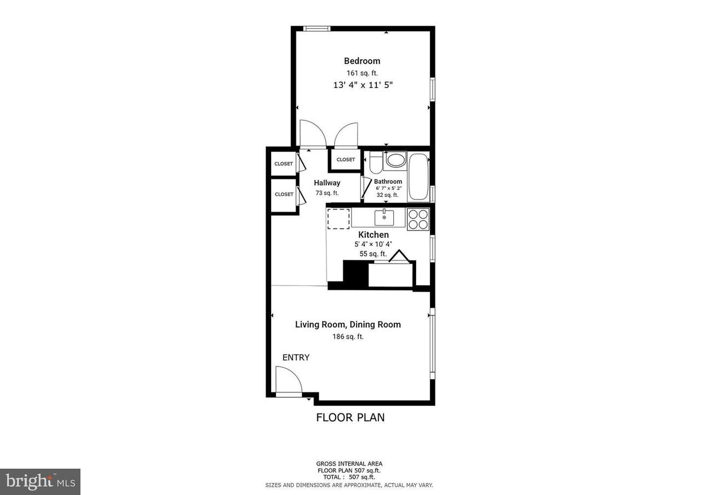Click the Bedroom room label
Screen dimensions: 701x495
[x=362, y=61]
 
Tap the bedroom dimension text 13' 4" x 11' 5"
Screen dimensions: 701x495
[x=363, y=85]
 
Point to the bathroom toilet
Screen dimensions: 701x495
[x=376, y=162]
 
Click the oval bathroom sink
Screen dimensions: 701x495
[x=395, y=160]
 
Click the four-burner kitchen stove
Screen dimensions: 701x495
[x=418, y=219]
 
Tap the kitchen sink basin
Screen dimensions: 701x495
[x=384, y=218]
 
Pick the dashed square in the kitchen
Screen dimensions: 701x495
[x=338, y=219]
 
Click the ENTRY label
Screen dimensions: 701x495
[x=296, y=358]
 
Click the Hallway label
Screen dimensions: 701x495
[x=327, y=183]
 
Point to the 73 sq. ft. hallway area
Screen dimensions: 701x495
[x=327, y=193]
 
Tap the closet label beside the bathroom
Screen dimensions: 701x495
[x=346, y=160]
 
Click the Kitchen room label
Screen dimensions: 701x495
[x=374, y=235]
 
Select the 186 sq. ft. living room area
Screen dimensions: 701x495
[x=348, y=337]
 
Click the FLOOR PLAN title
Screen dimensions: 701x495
[x=350, y=417]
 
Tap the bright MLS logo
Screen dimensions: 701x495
[x=40, y=481]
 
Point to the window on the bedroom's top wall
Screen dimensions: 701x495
[x=317, y=29]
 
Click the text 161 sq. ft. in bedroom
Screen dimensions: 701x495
[x=362, y=73]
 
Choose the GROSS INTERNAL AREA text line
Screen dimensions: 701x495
[x=349, y=464]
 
